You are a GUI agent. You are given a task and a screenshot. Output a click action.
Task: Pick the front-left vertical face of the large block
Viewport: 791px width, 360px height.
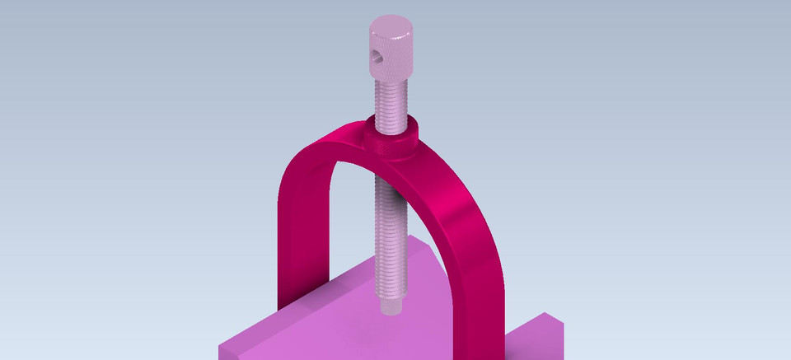pyautogui.click(x=235, y=353)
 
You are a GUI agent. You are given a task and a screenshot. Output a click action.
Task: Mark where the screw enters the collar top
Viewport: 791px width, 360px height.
pyautogui.click(x=392, y=129)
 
